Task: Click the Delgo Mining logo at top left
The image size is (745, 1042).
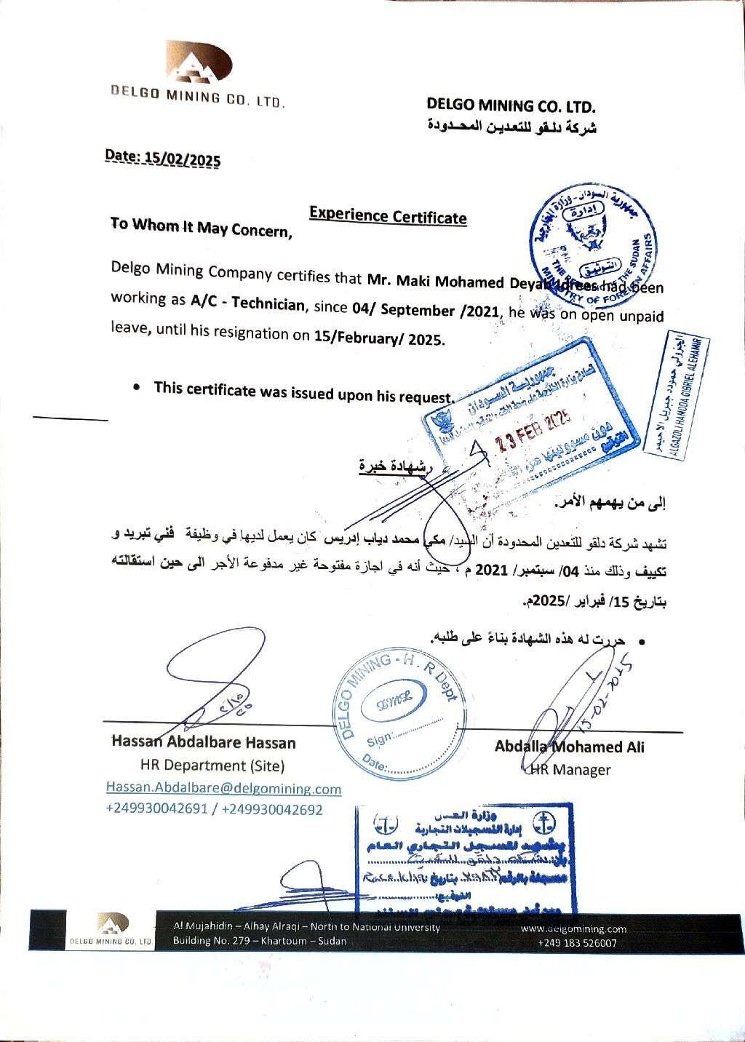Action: click(199, 62)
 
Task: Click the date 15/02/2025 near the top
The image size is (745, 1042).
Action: click(182, 158)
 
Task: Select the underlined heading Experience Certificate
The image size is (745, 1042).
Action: click(388, 215)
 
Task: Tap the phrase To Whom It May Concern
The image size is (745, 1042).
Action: click(201, 228)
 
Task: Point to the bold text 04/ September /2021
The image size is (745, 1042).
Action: click(426, 310)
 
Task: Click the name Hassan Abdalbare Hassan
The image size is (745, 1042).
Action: click(204, 743)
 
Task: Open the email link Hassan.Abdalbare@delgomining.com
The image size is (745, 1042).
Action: click(223, 789)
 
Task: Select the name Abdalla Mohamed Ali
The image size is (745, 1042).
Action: click(569, 747)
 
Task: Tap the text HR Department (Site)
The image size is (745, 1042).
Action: click(212, 765)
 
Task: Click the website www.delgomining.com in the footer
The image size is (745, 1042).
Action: click(574, 928)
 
